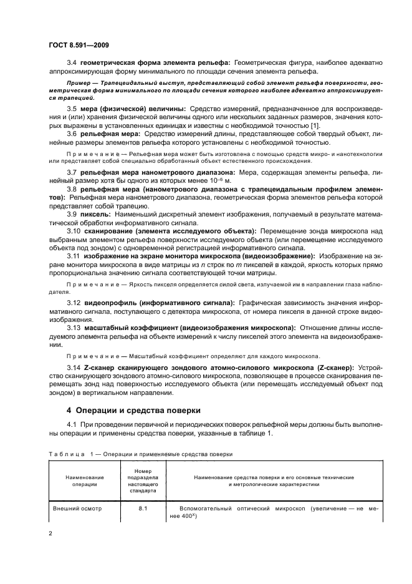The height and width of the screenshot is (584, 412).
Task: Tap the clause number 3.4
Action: click(71, 62)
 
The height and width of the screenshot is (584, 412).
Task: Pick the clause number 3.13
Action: click(73, 328)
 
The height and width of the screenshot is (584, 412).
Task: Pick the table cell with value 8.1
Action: click(141, 508)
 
